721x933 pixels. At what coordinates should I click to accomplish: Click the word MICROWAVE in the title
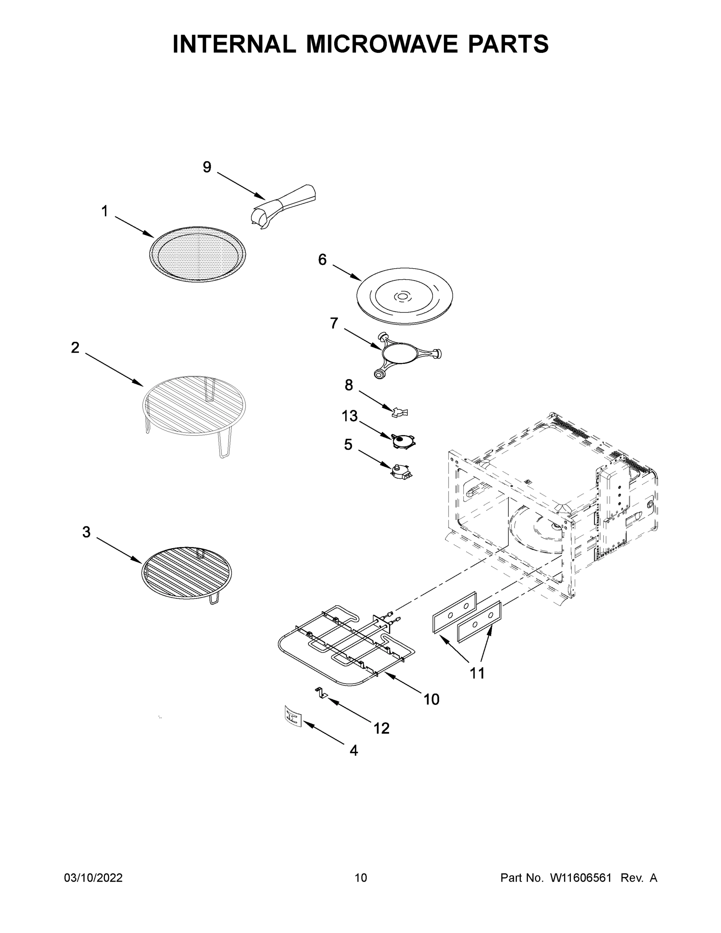click(383, 44)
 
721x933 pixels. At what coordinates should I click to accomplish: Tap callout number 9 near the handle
click(207, 167)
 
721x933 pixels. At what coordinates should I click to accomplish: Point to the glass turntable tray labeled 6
click(404, 295)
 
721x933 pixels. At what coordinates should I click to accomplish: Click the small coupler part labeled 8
click(400, 412)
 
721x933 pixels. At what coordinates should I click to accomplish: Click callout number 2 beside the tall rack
click(75, 348)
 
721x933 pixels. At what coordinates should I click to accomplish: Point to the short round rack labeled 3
click(187, 572)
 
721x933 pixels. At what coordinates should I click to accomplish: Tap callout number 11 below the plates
click(477, 673)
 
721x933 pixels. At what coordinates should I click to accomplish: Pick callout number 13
click(349, 416)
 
